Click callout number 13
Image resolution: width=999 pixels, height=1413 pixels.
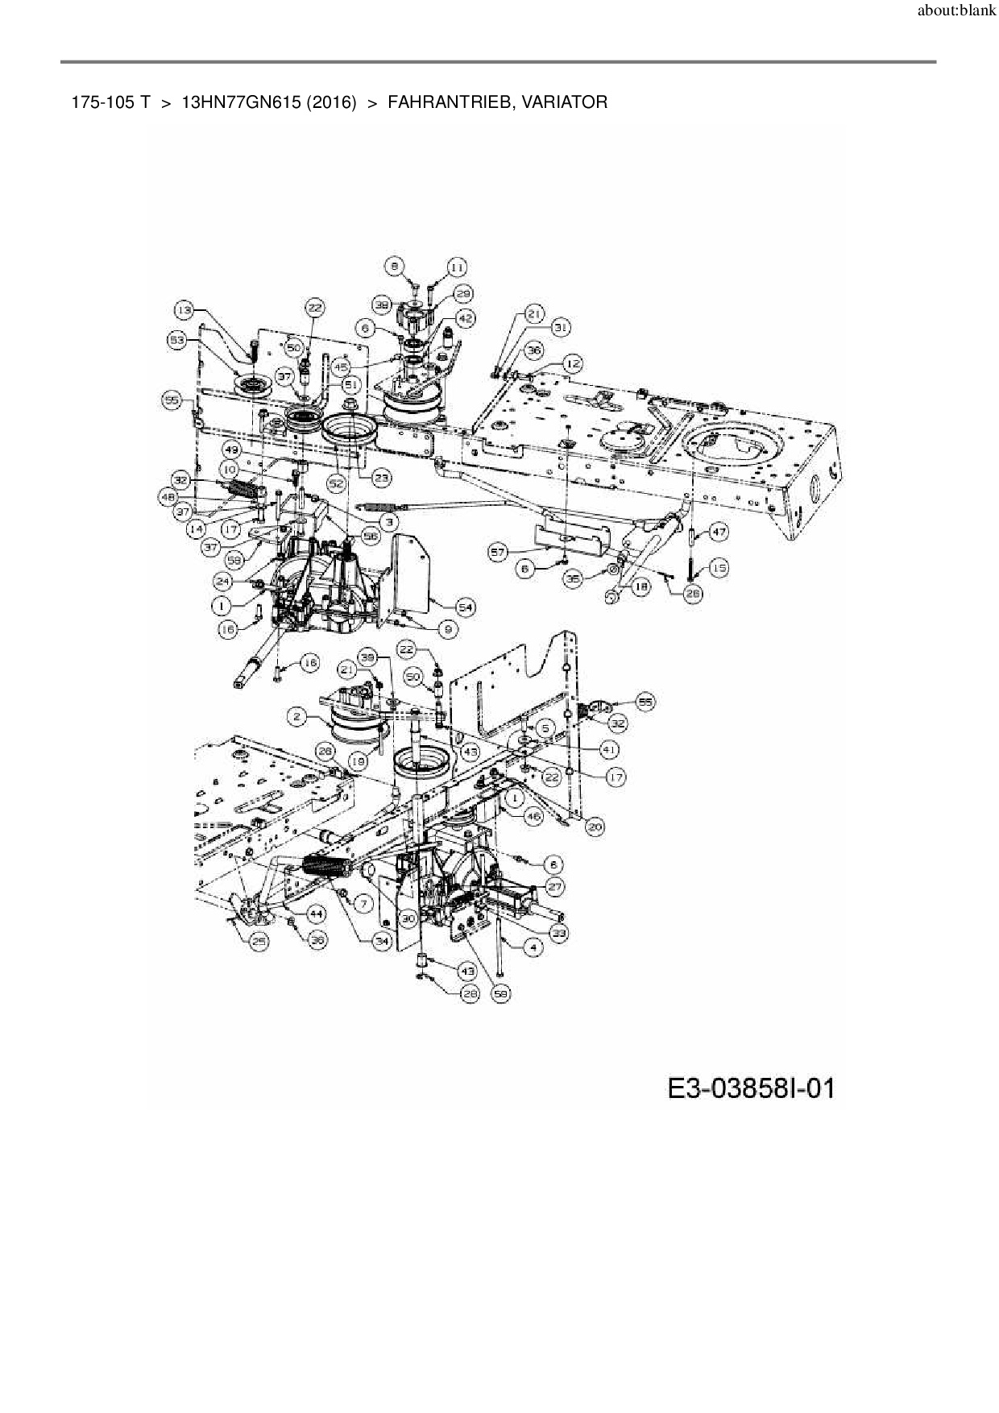click(185, 309)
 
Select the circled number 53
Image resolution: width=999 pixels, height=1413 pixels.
click(177, 341)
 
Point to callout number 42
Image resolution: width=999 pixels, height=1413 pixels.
click(465, 318)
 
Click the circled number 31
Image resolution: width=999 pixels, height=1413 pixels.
click(561, 327)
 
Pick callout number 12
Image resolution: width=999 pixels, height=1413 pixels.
click(573, 364)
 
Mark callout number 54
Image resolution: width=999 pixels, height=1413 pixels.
click(465, 607)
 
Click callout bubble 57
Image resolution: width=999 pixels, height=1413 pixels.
click(499, 551)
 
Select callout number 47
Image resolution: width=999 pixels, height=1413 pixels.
click(719, 532)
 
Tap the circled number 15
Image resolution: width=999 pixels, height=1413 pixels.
click(719, 568)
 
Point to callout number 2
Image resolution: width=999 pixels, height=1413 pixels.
click(297, 715)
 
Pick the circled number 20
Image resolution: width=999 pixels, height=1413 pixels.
click(595, 826)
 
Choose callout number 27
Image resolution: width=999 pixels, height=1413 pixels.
click(555, 886)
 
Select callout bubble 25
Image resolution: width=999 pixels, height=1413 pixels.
click(259, 940)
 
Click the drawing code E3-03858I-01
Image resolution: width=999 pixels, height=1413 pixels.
click(751, 1088)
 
